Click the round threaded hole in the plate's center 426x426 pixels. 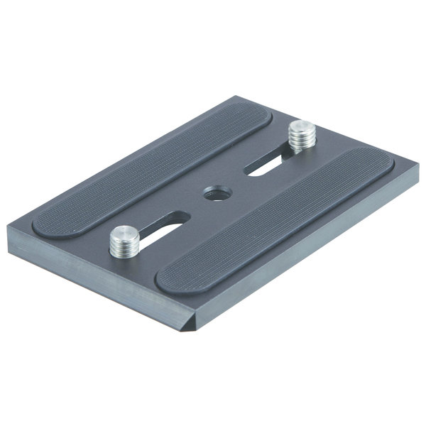point(211,192)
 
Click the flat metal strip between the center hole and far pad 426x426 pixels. point(192,177)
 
